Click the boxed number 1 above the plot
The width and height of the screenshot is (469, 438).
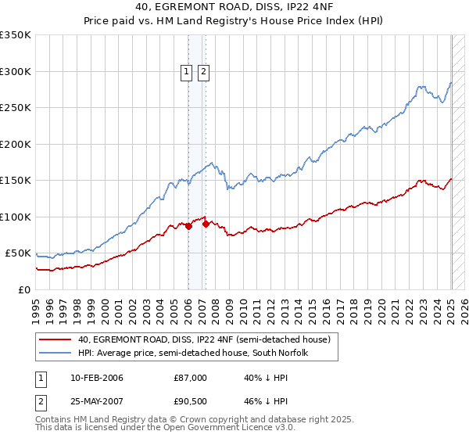[x=188, y=73]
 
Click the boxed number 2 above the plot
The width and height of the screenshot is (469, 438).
[x=204, y=73]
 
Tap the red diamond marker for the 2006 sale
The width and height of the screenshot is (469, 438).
[x=188, y=227]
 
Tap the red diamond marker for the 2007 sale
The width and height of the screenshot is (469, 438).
[x=206, y=224]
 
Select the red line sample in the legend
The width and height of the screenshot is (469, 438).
[x=55, y=339]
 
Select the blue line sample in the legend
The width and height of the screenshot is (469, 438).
[x=55, y=353]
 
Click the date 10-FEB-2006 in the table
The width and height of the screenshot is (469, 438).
[x=96, y=378]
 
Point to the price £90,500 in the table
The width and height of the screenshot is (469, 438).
[x=191, y=401]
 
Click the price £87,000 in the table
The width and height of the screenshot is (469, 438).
[x=191, y=378]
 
